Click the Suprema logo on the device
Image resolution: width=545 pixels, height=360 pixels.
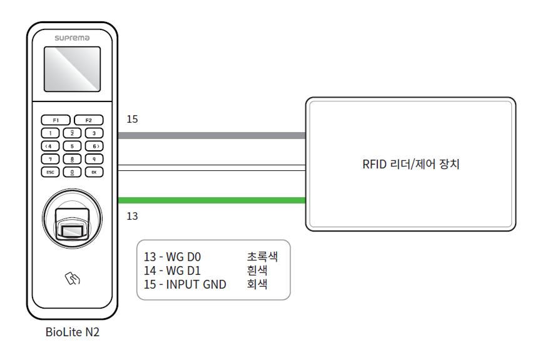pyautogui.click(x=72, y=38)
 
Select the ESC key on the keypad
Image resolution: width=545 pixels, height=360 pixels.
pyautogui.click(x=51, y=171)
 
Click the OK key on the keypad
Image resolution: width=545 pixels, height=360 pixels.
pyautogui.click(x=93, y=171)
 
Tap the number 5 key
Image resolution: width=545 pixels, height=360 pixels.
pyautogui.click(x=72, y=145)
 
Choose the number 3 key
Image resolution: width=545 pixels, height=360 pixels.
pyautogui.click(x=93, y=133)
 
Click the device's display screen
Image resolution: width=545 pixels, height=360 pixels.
pyautogui.click(x=72, y=69)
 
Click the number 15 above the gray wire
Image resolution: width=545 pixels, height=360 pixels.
pyautogui.click(x=131, y=119)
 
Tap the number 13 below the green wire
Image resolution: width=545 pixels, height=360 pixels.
pyautogui.click(x=131, y=216)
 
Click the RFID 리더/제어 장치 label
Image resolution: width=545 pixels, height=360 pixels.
pyautogui.click(x=411, y=165)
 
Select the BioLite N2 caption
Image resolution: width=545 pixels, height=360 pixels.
pyautogui.click(x=72, y=332)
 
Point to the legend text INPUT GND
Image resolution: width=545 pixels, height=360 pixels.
pyautogui.click(x=196, y=284)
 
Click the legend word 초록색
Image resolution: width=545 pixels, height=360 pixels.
pyautogui.click(x=262, y=257)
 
